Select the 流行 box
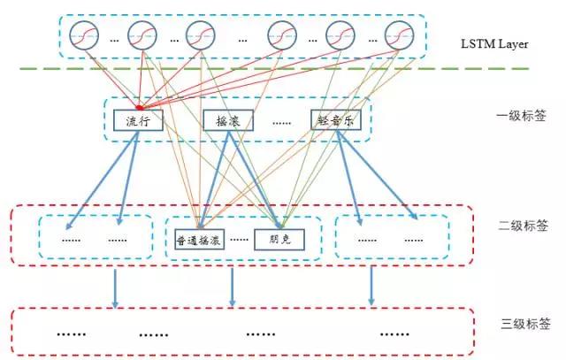click(138, 120)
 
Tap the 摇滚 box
click(228, 121)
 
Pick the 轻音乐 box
click(337, 120)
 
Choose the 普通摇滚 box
click(199, 239)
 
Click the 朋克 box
click(280, 239)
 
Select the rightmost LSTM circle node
click(399, 36)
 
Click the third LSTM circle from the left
click(200, 36)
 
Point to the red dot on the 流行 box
click(139, 109)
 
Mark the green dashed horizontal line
click(292, 69)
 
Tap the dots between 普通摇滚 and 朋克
click(238, 240)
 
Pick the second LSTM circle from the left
click(141, 36)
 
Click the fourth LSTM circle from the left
click(282, 36)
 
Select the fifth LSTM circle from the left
click(340, 36)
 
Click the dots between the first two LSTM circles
click(115, 40)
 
